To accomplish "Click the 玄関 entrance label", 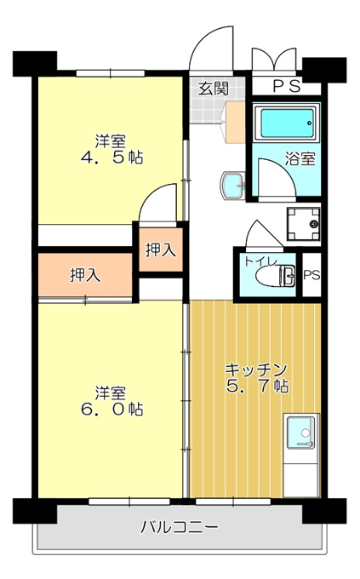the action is tap(214, 89).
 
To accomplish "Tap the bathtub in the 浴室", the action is tap(286, 123).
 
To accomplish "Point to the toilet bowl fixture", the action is tap(276, 276).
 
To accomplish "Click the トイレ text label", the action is tap(260, 261).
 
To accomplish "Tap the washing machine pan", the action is tap(304, 224).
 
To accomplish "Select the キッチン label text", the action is tap(256, 370).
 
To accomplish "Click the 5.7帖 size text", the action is tap(257, 387).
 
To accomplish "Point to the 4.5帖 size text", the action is tap(111, 158).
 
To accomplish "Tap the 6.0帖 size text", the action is tap(111, 409).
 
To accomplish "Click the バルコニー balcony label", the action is tap(180, 527).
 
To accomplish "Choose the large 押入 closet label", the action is tap(85, 275).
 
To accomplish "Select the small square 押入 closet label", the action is tap(161, 250).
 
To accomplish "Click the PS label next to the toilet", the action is tap(311, 275).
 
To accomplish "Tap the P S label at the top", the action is tap(287, 87).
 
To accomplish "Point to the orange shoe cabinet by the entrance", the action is tap(235, 123).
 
